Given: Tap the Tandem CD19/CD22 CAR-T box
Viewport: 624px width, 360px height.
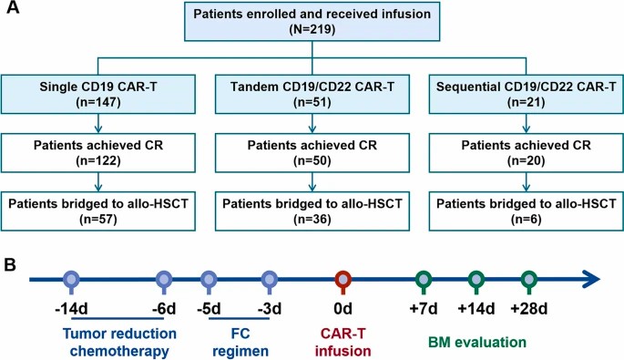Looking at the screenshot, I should [312, 93].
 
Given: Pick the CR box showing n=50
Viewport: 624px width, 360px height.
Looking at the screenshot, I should [312, 149].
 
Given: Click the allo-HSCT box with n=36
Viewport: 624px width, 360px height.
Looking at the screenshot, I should [312, 207].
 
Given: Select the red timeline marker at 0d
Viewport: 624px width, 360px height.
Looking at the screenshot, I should [345, 279].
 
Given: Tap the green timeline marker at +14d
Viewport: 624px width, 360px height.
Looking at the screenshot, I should [476, 279].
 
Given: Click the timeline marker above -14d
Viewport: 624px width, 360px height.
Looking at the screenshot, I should [72, 279].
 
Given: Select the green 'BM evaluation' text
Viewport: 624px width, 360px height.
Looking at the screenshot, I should [477, 343].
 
